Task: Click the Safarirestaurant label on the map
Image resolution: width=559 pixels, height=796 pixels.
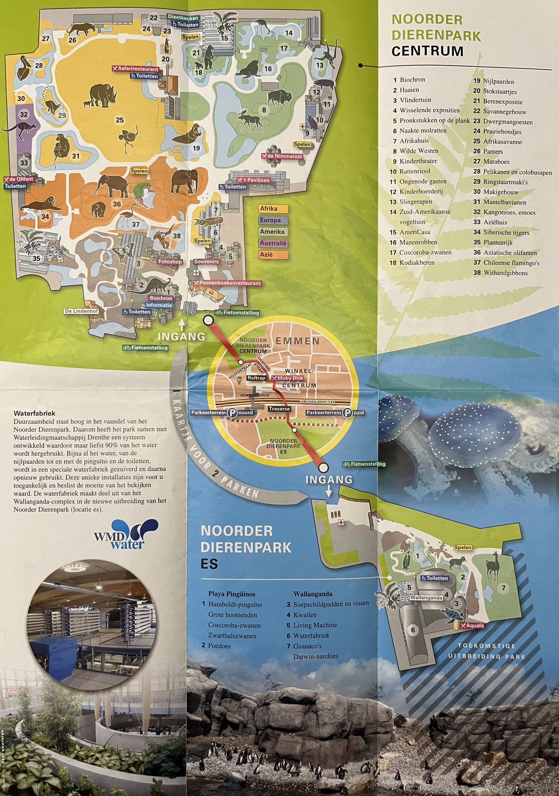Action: [136, 69]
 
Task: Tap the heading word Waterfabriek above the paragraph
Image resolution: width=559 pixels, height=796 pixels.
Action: [34, 413]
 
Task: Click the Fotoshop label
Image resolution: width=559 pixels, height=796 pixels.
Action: [170, 262]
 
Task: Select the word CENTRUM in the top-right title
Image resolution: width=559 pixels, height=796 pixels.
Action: [427, 51]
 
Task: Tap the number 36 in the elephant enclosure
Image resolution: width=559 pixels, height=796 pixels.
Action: [117, 204]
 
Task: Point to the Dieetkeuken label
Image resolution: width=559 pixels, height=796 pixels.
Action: [183, 18]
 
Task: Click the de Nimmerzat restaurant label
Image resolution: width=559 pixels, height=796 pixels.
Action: [282, 156]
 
